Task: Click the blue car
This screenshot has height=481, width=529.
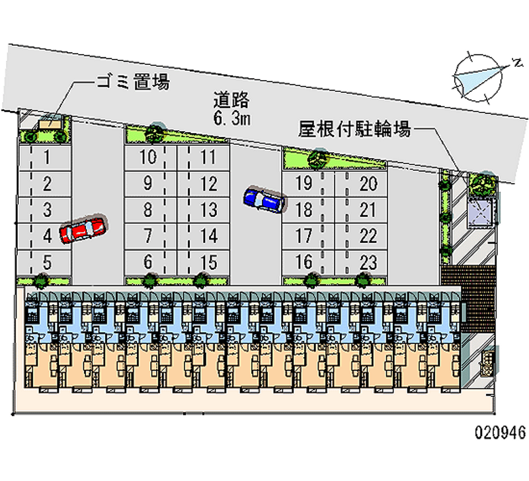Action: pyautogui.click(x=264, y=199)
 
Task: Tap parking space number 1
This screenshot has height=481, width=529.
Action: pyautogui.click(x=47, y=157)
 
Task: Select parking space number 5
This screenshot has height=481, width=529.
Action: pyautogui.click(x=47, y=261)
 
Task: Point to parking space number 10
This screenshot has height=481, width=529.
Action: pyautogui.click(x=149, y=157)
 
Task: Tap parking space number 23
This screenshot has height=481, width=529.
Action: pyautogui.click(x=369, y=261)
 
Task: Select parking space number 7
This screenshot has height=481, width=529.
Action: pyautogui.click(x=149, y=235)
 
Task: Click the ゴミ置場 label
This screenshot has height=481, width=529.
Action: pyautogui.click(x=132, y=82)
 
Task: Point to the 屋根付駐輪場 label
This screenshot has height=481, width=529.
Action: pyautogui.click(x=354, y=128)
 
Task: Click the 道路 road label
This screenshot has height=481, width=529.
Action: pyautogui.click(x=231, y=101)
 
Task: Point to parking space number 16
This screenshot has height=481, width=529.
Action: pyautogui.click(x=304, y=261)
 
